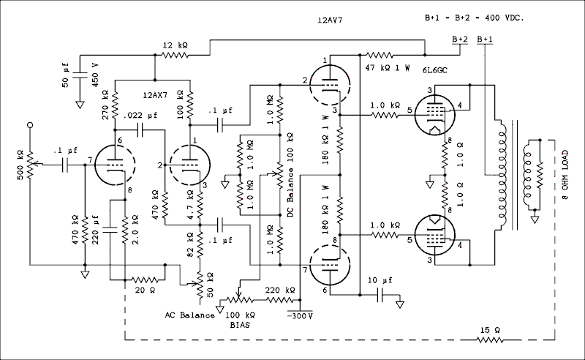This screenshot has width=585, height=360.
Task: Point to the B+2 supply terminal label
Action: (461, 39)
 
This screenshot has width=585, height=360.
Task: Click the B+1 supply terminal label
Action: (484, 39)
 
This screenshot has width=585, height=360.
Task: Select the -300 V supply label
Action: (299, 315)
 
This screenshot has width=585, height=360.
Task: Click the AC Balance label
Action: (189, 315)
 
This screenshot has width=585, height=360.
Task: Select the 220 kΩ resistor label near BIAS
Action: (279, 290)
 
